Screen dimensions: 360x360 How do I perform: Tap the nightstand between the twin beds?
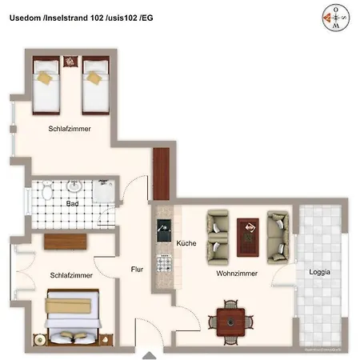(x=70, y=62)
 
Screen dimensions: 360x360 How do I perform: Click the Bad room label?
(x=73, y=204)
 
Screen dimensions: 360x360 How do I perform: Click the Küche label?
(x=186, y=242)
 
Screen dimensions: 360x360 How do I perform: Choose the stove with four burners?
(x=164, y=262)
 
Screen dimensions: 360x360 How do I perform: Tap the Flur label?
(x=137, y=270)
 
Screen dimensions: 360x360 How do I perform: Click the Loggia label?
(x=320, y=272)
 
